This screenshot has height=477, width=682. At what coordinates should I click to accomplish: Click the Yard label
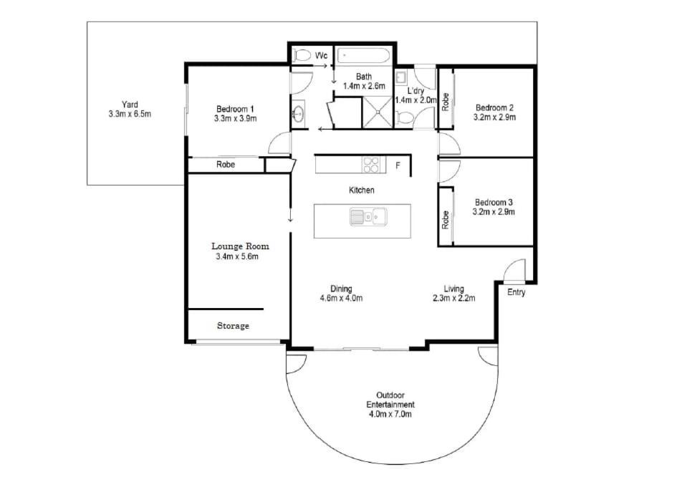pyautogui.click(x=130, y=105)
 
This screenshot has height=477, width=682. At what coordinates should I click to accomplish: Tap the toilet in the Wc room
pyautogui.click(x=301, y=55)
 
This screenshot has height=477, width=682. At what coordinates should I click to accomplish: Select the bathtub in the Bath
pyautogui.click(x=364, y=56)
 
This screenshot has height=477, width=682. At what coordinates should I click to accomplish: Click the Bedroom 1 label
pyautogui.click(x=235, y=109)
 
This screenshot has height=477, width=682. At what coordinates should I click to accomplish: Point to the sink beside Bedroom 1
pyautogui.click(x=298, y=114)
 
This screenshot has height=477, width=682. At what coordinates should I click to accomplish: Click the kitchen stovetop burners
pyautogui.click(x=371, y=165)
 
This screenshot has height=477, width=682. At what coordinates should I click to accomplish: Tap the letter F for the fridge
pyautogui.click(x=398, y=165)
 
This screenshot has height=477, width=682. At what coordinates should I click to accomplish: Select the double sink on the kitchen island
pyautogui.click(x=368, y=216)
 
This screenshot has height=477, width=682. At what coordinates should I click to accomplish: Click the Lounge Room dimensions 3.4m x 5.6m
pyautogui.click(x=237, y=256)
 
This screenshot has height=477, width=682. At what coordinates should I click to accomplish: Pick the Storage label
pyautogui.click(x=233, y=326)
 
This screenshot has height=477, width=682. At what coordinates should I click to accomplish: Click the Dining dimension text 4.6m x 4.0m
pyautogui.click(x=341, y=298)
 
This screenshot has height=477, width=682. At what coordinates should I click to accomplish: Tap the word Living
pyautogui.click(x=453, y=289)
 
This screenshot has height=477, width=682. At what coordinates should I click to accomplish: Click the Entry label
pyautogui.click(x=517, y=293)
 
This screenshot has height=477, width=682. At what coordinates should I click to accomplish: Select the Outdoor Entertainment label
pyautogui.click(x=390, y=400)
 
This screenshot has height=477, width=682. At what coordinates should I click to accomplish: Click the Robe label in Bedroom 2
pyautogui.click(x=445, y=102)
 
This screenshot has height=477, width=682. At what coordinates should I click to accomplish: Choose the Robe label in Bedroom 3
pyautogui.click(x=445, y=220)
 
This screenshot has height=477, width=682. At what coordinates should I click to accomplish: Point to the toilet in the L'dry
pyautogui.click(x=405, y=117)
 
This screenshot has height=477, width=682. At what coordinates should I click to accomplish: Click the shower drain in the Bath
pyautogui.click(x=378, y=112)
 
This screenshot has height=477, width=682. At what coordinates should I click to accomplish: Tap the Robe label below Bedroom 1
pyautogui.click(x=226, y=164)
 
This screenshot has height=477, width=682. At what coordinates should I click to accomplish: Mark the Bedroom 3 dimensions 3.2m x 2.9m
pyautogui.click(x=494, y=212)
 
